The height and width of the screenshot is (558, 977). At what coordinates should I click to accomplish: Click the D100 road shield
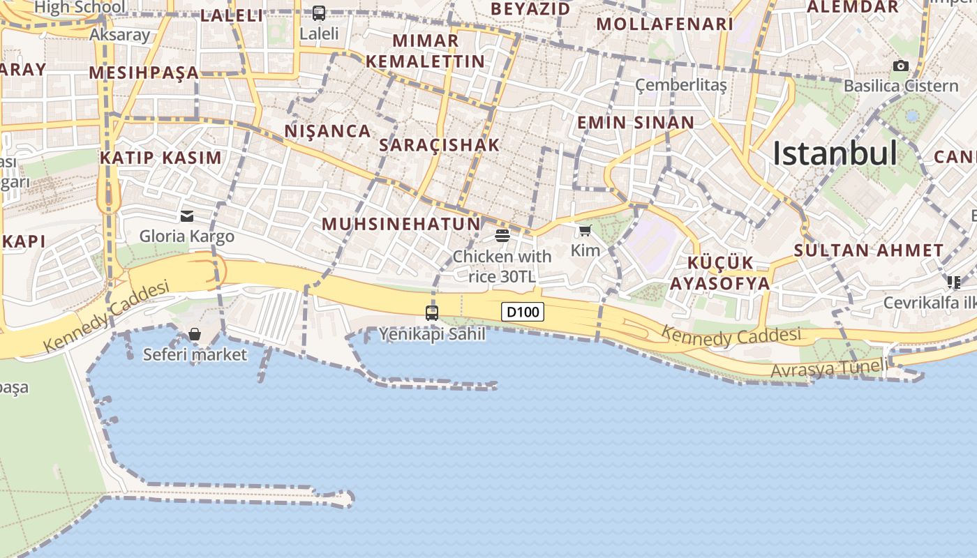coord(523,312)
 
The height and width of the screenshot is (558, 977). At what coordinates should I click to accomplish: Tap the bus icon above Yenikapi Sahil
coord(432,312)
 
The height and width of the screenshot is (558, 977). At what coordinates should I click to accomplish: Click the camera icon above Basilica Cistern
coord(901,66)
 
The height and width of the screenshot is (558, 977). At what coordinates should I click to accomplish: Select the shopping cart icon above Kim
coord(585,230)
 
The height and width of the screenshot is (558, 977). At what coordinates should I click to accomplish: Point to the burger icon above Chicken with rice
coord(502,235)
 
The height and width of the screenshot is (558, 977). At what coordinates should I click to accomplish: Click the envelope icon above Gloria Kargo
coord(187,216)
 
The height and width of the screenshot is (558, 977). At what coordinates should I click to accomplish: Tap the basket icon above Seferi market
coord(195,334)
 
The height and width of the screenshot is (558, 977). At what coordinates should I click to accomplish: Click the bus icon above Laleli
coord(319,13)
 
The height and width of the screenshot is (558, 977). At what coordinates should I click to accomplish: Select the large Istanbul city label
coord(835,153)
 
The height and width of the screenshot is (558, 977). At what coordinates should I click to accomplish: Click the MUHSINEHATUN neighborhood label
coord(401,224)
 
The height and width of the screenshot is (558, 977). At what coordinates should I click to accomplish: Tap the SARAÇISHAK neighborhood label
coord(440,145)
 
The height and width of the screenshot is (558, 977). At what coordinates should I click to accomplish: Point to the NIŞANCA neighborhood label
coord(328,130)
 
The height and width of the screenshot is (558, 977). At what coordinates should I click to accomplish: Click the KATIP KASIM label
coord(161,158)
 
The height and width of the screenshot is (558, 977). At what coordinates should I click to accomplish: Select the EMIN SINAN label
coord(636,123)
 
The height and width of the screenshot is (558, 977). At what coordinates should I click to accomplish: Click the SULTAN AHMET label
coord(869,250)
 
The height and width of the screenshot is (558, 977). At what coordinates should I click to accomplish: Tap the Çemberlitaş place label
coord(681,85)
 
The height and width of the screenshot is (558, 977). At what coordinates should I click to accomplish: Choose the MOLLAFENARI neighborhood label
coord(665,24)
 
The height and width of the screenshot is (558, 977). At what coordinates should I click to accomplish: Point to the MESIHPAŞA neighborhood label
coord(144,73)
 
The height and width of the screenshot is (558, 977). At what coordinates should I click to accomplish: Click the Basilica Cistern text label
coord(901,86)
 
